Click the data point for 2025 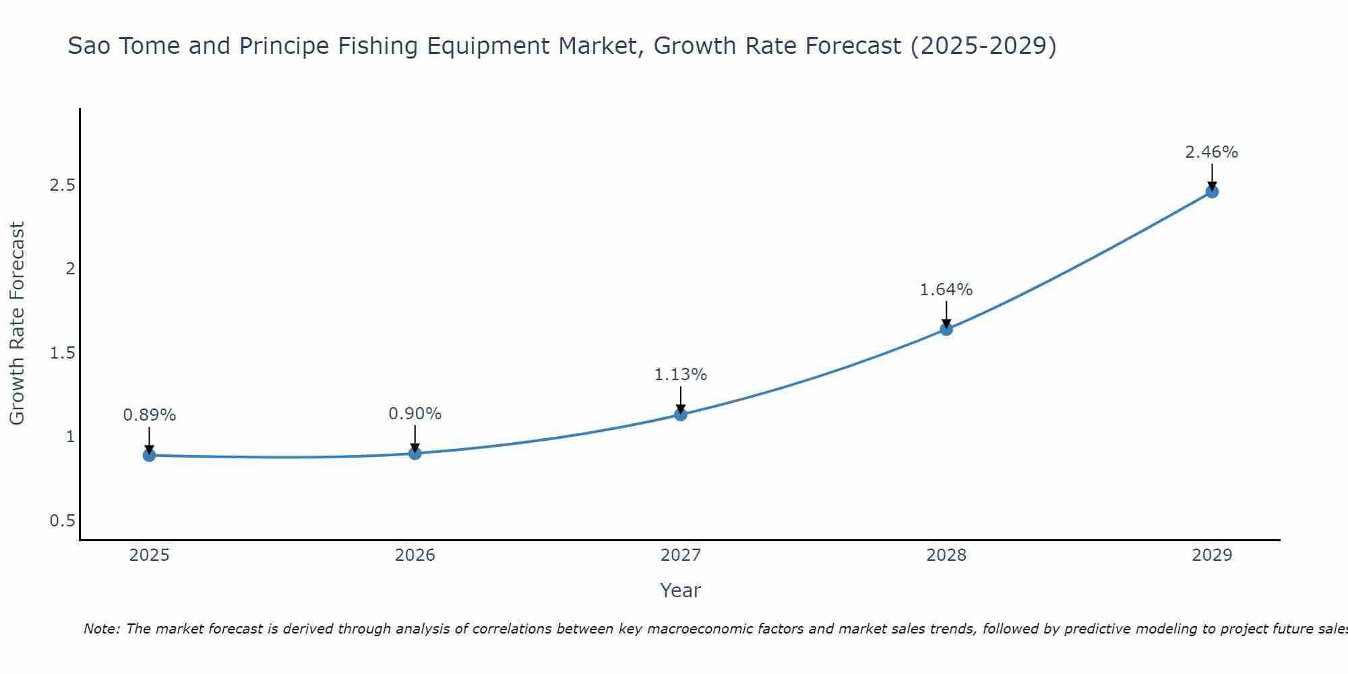coord(149,456)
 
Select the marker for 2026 coord(415,454)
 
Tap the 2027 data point coord(681,415)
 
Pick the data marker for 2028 coord(946,329)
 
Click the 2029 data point coord(1212,191)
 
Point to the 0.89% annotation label coord(149,415)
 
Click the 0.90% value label coord(415,414)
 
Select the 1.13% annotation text coord(681,375)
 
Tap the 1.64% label coord(946,290)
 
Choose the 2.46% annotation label coord(1212,152)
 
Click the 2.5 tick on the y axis coord(62,185)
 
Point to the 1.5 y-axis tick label coord(62,353)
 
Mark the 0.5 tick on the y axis coord(62,521)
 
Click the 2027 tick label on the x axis coord(681,555)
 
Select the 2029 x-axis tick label coord(1212,555)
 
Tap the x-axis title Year coord(681,590)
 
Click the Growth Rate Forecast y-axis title coord(18,324)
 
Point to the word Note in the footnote coord(100,629)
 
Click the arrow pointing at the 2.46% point coord(1212,177)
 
